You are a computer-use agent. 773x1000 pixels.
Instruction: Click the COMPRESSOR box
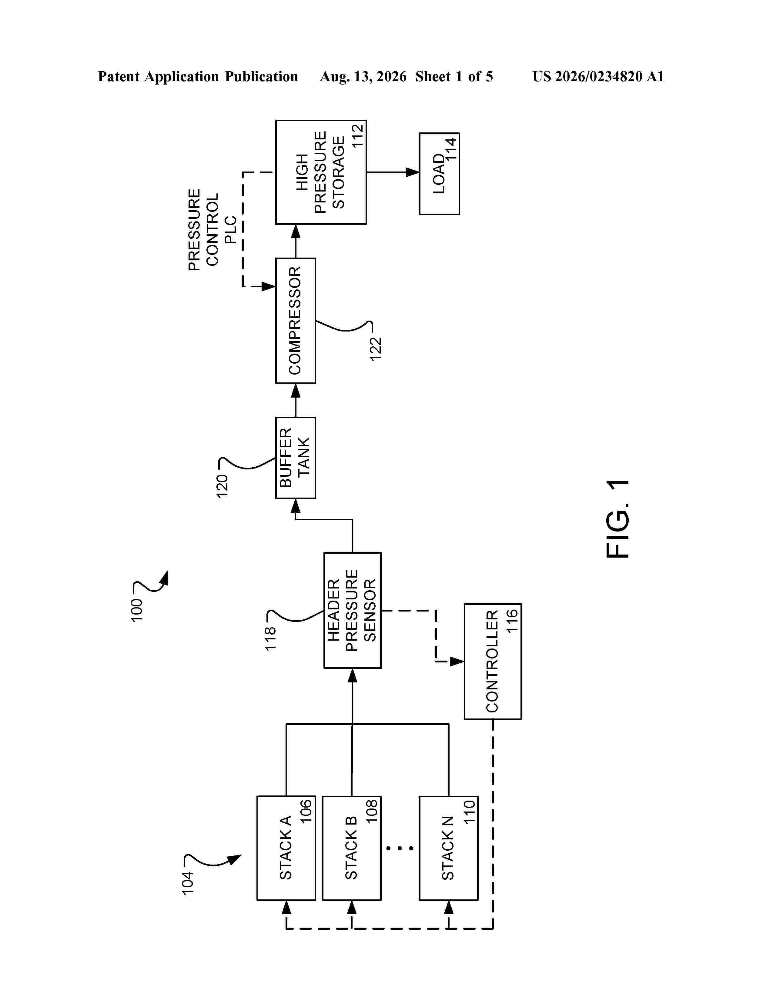[295, 321]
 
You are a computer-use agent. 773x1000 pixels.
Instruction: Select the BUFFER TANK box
[295, 457]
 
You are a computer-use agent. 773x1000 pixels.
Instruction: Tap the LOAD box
[439, 174]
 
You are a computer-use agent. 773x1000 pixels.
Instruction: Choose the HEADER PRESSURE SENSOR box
[352, 610]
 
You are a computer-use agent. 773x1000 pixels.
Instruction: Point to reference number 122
[376, 349]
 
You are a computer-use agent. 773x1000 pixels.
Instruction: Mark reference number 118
[270, 638]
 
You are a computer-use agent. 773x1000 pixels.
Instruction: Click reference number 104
[187, 882]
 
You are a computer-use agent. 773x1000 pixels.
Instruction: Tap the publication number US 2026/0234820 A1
[598, 76]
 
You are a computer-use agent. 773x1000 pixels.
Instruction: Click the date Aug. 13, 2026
[363, 76]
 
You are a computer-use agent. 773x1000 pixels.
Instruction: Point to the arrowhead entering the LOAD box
[413, 172]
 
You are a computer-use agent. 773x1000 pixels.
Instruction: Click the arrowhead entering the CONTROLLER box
[457, 661]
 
